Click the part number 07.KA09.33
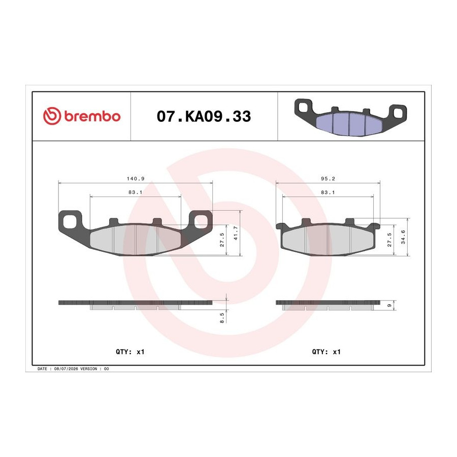point(204,116)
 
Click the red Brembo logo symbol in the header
point(52,116)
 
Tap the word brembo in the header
point(92,116)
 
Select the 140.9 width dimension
point(136,179)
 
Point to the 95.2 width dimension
point(328,179)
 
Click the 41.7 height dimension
point(236,233)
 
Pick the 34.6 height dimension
point(403,237)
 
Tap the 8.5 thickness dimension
point(222,318)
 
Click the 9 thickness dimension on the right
point(389,306)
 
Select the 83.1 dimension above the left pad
point(136,192)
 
